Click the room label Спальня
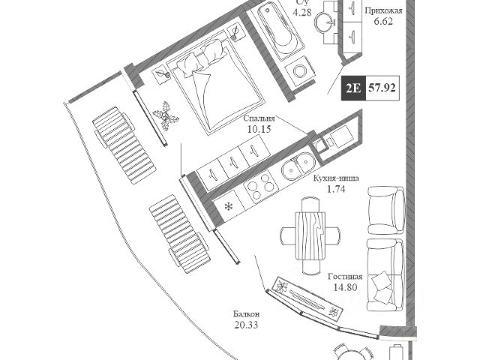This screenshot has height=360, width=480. [259, 118]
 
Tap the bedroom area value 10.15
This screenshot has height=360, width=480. [259, 129]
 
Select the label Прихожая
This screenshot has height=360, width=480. [383, 11]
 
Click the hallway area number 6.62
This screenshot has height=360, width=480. [383, 22]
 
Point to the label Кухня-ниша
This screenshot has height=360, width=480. [336, 179]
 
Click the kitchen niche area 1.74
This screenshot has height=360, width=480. [336, 190]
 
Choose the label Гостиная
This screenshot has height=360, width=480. [344, 275]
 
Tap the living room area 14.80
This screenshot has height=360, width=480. [344, 286]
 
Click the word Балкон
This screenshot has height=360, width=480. [246, 313]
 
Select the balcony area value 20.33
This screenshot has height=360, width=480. [246, 325]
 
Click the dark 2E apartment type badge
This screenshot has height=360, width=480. [353, 88]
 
